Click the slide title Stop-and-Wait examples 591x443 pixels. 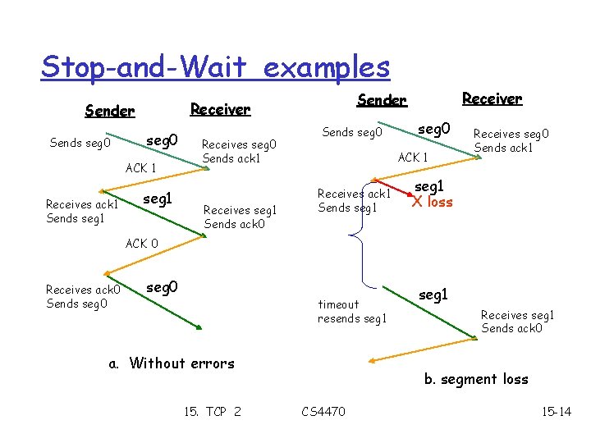pos(215,66)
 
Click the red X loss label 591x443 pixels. pos(433,202)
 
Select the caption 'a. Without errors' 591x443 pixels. pos(172,363)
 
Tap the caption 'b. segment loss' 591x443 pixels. pos(476,379)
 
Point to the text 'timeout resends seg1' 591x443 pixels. pos(351,311)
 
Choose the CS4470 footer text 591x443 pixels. pos(323,411)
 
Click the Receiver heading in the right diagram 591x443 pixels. pos(492,98)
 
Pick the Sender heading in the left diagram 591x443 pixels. pos(110,111)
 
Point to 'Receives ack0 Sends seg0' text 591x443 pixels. pos(84,296)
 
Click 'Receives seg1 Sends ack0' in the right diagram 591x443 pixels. pos(517,322)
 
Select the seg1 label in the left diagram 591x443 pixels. pos(157,199)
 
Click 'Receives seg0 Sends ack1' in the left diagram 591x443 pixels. pos(239,151)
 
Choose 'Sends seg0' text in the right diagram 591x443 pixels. pos(352,131)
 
